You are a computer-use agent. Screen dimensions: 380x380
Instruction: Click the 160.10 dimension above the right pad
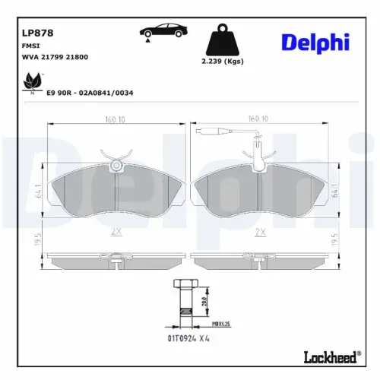259,119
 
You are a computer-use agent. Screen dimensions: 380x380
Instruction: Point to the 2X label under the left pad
116,231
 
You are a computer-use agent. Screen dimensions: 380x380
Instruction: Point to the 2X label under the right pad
261,231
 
